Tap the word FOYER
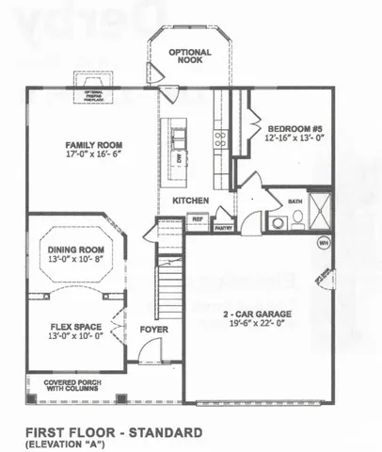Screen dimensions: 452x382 (153, 330)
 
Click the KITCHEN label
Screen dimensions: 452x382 (190, 201)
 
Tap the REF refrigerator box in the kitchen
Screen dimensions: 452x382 (198, 219)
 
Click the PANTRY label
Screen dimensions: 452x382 (223, 227)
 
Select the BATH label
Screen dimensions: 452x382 (294, 202)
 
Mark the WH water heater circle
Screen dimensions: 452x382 (324, 242)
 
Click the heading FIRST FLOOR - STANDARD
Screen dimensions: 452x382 (116, 432)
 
